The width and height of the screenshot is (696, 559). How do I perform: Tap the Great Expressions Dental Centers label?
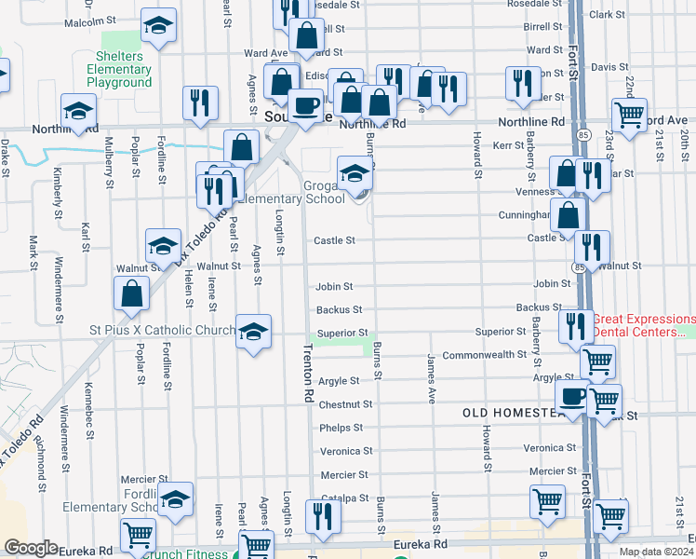[x=643, y=325]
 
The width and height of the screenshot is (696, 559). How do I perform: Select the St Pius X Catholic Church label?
[x=162, y=330]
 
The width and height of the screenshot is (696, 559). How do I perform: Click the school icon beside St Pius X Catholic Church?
[x=252, y=332]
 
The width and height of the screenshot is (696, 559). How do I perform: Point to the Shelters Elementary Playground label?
[x=119, y=70]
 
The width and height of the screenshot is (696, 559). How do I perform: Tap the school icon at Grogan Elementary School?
[x=355, y=173]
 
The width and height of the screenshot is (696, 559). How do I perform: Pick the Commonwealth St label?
[x=485, y=355]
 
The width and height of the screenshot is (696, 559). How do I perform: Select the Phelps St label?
[x=341, y=428]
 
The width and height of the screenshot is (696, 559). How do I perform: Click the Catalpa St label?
[x=345, y=498]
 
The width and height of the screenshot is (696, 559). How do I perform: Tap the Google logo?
[x=31, y=547]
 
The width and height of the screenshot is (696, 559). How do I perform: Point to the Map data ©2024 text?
[x=656, y=552]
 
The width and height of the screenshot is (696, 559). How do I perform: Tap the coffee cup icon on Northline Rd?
[x=305, y=104]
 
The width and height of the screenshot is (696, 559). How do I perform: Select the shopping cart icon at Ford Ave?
[x=630, y=116]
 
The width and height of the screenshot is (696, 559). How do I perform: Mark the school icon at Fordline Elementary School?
[x=174, y=499]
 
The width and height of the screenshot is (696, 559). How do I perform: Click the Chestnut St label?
[x=345, y=404]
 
